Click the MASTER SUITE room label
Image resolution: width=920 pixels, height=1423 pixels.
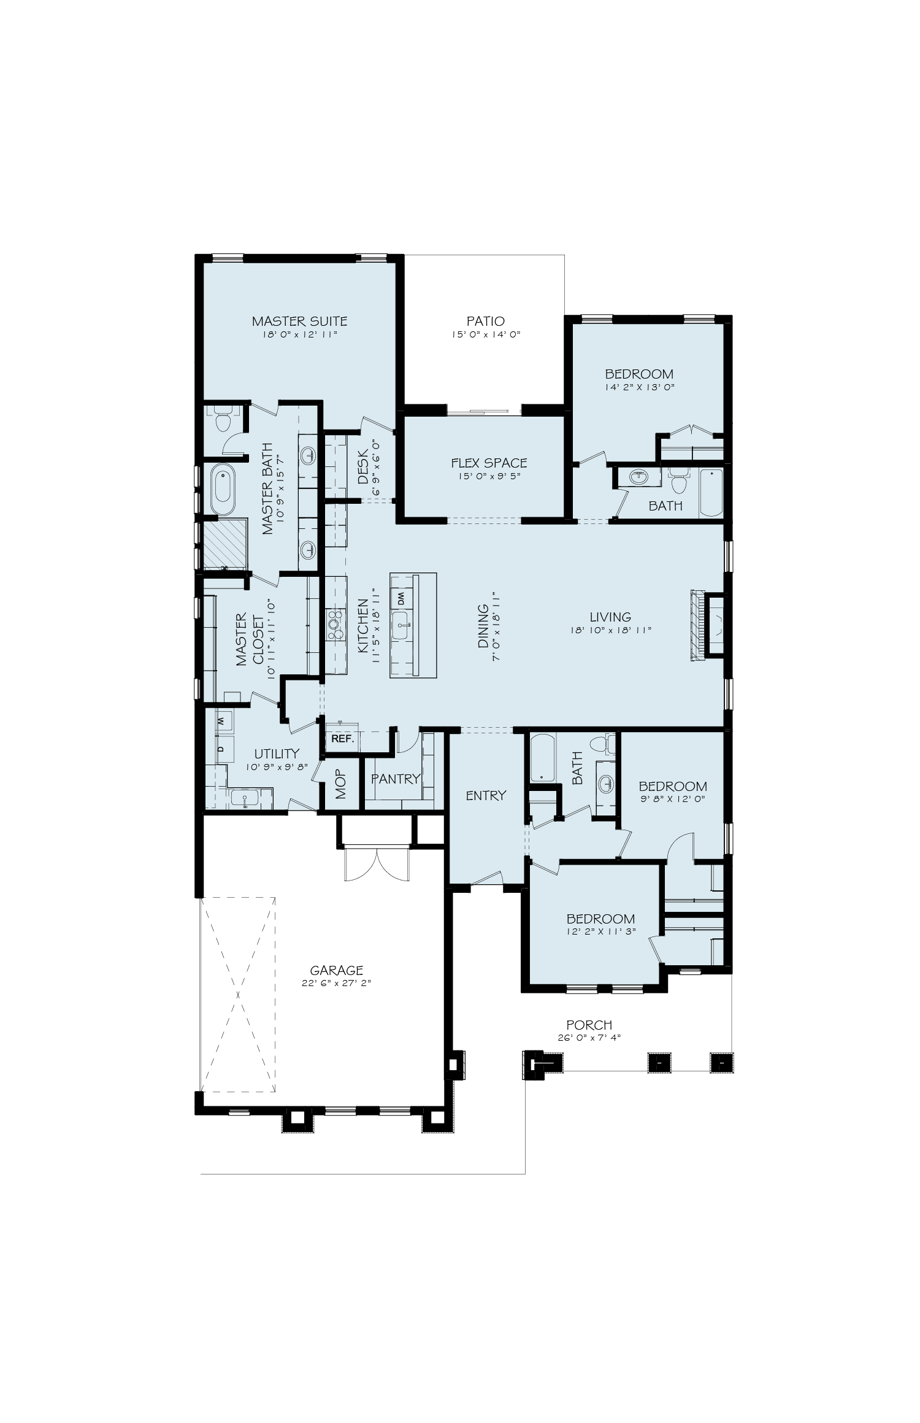pos(300,321)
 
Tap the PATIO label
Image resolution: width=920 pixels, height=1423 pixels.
pos(486,321)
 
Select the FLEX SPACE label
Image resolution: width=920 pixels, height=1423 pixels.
pos(489,463)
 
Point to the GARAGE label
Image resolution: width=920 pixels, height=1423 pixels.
pos(337,970)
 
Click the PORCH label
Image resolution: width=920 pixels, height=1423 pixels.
pos(589,1024)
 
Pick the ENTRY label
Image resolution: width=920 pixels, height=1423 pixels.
pos(486,795)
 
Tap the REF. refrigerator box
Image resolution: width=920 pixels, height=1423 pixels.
pos(342,739)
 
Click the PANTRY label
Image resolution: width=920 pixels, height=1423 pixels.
pos(396,779)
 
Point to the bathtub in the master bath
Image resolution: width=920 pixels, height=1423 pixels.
pos(223,491)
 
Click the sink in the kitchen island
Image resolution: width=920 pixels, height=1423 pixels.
pos(401,625)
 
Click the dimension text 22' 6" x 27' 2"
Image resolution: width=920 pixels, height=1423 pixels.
pos(337,982)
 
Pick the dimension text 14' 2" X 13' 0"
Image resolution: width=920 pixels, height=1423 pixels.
pos(639,387)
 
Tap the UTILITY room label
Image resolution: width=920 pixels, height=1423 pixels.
pos(277,754)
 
